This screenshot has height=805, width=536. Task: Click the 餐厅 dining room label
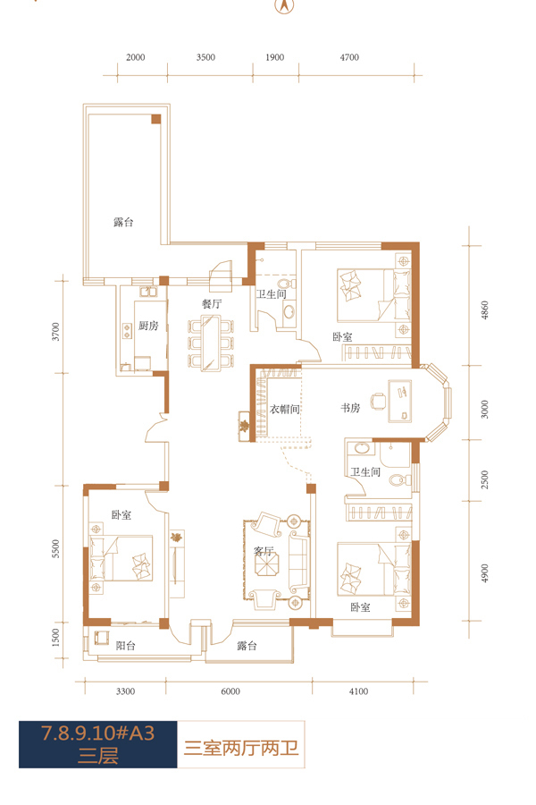212,303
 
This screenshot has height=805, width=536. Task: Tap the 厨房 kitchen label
148,326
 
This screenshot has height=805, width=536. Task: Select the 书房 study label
350,408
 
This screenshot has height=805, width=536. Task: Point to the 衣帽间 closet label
285,409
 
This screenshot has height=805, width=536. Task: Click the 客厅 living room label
264,551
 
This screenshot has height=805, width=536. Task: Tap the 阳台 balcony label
126,645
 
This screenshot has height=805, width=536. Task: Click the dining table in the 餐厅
211,343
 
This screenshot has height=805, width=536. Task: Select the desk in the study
399,401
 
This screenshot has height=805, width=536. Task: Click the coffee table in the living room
268,563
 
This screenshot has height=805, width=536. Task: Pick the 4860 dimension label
485,310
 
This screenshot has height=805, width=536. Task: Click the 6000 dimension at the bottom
230,691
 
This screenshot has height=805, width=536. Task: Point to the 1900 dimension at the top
274,57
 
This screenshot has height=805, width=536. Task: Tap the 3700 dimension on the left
56,332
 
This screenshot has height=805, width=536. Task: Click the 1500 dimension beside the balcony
56,638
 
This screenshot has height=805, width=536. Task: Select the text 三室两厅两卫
241,747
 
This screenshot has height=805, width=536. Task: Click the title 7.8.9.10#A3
97,733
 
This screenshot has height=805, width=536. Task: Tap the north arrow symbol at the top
285,5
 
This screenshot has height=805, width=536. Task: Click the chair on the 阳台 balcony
101,638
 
